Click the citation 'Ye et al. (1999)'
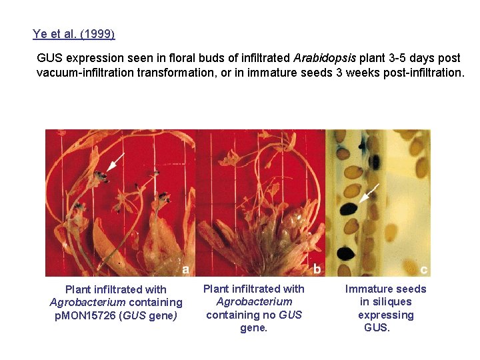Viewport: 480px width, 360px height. point(73,34)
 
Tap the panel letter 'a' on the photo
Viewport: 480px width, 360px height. point(185,269)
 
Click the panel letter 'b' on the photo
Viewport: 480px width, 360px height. point(317,269)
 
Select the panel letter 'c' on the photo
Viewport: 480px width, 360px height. point(424,269)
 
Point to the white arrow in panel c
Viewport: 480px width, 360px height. point(370,193)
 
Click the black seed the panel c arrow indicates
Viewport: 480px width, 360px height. point(349,209)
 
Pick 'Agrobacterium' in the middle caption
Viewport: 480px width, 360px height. point(253,301)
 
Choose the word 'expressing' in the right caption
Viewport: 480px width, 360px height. point(385,315)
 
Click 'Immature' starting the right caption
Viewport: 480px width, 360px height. point(367,289)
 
